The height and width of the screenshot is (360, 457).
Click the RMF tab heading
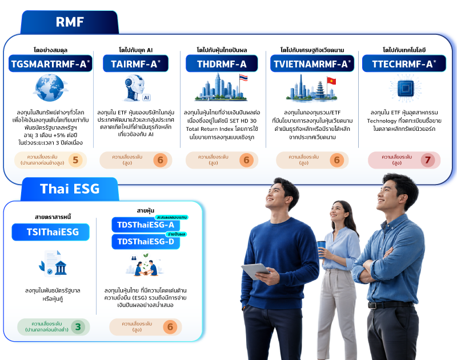70,22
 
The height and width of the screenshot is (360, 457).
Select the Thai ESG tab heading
70,189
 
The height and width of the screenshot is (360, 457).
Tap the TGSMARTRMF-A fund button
50,63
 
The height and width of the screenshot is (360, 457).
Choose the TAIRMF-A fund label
135,63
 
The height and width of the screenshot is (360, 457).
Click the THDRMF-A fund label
222,63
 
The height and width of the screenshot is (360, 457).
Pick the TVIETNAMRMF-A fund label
312,63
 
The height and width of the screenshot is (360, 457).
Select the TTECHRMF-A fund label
404,63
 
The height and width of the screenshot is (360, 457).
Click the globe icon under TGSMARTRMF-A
50,87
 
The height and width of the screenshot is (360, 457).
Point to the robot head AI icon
135,87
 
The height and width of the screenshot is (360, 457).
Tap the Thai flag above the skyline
243,78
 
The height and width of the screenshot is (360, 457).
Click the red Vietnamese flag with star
331,81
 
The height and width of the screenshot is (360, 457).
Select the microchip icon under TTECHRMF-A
405,88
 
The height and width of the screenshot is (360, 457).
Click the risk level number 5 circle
75,160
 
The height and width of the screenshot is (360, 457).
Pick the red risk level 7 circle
427,160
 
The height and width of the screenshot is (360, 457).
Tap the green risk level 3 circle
78,327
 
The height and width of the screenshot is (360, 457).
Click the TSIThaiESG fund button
50,232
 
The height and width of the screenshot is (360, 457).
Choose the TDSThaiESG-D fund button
146,242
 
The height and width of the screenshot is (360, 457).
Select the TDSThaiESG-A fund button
146,225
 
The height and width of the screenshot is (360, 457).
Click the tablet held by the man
255,271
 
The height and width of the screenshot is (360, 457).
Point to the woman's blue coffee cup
321,249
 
